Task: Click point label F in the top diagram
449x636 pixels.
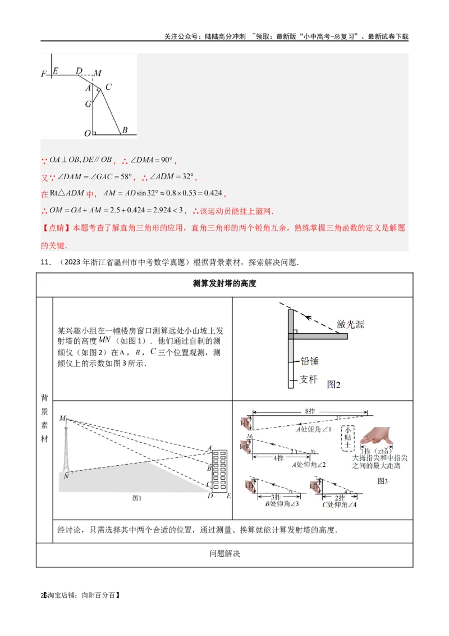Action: [44, 74]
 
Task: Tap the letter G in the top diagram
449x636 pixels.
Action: [88, 104]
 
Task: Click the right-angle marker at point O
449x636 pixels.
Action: [95, 133]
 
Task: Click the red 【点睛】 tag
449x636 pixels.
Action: [53, 228]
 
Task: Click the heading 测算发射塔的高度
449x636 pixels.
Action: [224, 284]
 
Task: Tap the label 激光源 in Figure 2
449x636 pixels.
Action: [350, 324]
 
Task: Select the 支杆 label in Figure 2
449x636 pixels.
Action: [308, 380]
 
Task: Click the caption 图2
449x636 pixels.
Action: [334, 385]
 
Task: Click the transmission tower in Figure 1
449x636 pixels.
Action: [66, 449]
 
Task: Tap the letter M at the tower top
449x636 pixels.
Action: [62, 419]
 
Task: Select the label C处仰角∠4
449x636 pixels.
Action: [340, 504]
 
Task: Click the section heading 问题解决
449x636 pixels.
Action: [224, 553]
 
